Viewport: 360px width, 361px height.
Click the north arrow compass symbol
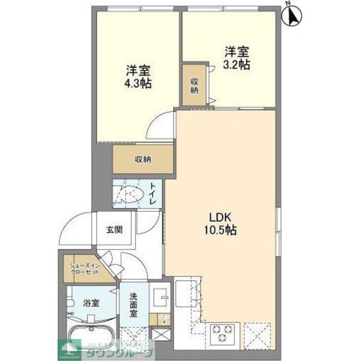(x=293, y=15)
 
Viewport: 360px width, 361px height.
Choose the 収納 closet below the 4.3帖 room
(x=143, y=159)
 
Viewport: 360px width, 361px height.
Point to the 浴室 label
(x=91, y=303)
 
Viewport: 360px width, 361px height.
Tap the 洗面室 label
(x=133, y=305)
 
